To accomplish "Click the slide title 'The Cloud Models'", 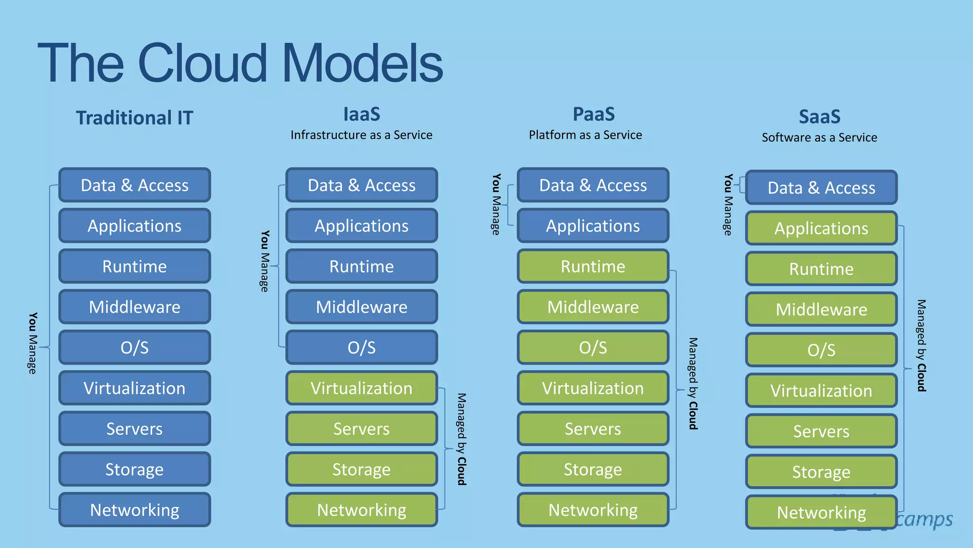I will tap(240, 63).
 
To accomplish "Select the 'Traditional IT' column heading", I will tap(134, 118).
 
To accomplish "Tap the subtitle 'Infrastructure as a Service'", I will tap(361, 135).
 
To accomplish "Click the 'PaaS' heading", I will tap(593, 114).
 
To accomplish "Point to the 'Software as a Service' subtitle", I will tap(819, 137).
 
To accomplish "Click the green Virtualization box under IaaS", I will tap(361, 388).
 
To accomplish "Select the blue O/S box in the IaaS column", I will tap(361, 347).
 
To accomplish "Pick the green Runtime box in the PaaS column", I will tap(593, 266).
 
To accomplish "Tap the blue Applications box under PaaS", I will tap(593, 226).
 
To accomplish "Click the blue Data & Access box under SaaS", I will tap(821, 188).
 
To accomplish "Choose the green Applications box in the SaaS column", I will tap(821, 228).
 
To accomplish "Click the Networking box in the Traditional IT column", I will tap(134, 510).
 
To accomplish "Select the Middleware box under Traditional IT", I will tap(134, 307).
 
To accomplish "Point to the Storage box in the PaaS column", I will tap(593, 470).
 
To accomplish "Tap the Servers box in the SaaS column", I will tap(821, 431).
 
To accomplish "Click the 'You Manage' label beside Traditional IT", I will tap(32, 343).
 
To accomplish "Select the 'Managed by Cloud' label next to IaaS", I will tap(461, 439).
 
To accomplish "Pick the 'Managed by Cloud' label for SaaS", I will tap(921, 345).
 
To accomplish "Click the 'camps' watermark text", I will tap(925, 519).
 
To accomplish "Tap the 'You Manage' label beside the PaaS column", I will tap(496, 204).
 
